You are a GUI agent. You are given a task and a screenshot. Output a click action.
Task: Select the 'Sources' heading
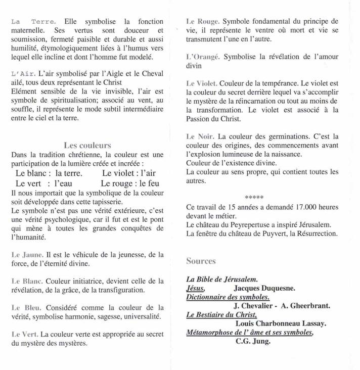[x=201, y=261]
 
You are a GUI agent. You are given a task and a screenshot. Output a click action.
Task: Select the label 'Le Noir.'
[x=200, y=136]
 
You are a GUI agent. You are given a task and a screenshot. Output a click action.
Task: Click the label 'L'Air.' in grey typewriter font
[x=23, y=74]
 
